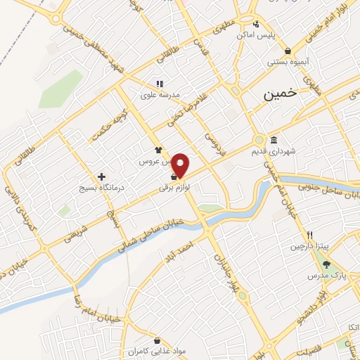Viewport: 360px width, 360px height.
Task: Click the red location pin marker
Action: click(x=181, y=166)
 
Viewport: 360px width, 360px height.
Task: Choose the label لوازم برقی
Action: click(x=175, y=188)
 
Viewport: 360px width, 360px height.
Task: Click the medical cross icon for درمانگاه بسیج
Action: click(x=102, y=176)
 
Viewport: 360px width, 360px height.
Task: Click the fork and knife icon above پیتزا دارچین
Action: click(x=309, y=235)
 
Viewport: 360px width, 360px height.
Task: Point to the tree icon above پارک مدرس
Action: click(x=327, y=264)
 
